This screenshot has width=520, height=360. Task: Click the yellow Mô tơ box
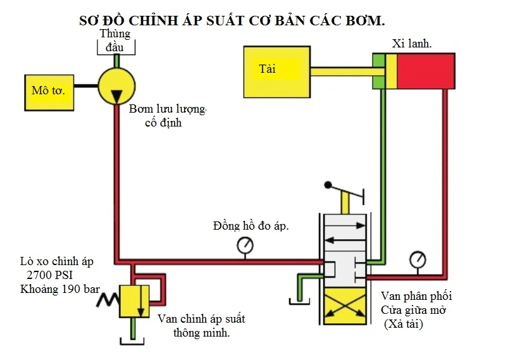coord(49,90)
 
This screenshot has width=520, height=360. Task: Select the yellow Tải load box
coord(277,71)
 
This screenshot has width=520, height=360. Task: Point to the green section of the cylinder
coord(378,71)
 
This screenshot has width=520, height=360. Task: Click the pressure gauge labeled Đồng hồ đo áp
coord(245,245)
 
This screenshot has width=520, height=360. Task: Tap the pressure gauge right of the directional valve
coord(418,259)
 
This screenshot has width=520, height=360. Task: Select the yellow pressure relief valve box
coord(133,301)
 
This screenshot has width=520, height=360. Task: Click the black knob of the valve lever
coord(328,185)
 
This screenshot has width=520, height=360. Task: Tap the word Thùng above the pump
coord(115,34)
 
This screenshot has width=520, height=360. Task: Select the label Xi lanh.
coord(412,44)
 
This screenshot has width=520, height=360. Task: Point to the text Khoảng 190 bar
coord(60,289)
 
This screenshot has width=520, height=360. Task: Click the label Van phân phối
coord(416,296)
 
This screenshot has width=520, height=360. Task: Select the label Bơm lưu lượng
coord(168,109)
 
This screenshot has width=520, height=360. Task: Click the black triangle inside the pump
coord(117,96)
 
